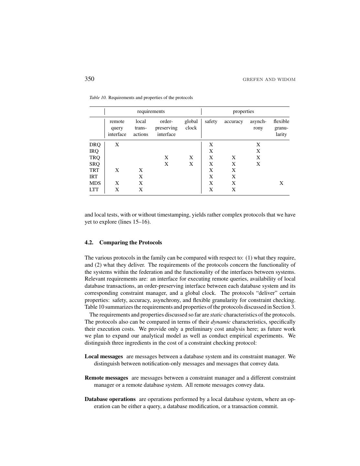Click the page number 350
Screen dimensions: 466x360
click(x=89, y=79)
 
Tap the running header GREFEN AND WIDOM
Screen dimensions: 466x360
click(x=269, y=80)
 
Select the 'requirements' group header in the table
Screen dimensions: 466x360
click(x=151, y=111)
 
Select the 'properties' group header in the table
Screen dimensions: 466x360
click(x=243, y=111)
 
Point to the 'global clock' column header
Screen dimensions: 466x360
click(x=191, y=125)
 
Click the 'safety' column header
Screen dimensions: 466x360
click(x=211, y=121)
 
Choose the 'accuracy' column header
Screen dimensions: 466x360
click(x=234, y=121)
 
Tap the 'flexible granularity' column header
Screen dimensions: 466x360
click(x=281, y=128)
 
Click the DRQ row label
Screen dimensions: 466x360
click(x=95, y=145)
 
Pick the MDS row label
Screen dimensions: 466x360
click(x=95, y=183)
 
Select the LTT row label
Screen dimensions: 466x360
click(x=94, y=190)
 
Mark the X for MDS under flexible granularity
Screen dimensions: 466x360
click(x=281, y=183)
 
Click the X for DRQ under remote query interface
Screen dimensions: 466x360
click(x=117, y=145)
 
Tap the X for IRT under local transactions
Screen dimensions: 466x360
click(x=141, y=177)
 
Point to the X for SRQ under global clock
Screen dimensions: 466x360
click(x=191, y=164)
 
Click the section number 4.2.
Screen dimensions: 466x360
click(x=89, y=243)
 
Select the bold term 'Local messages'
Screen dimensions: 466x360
click(x=104, y=356)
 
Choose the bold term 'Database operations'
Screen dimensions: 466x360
click(x=110, y=399)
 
